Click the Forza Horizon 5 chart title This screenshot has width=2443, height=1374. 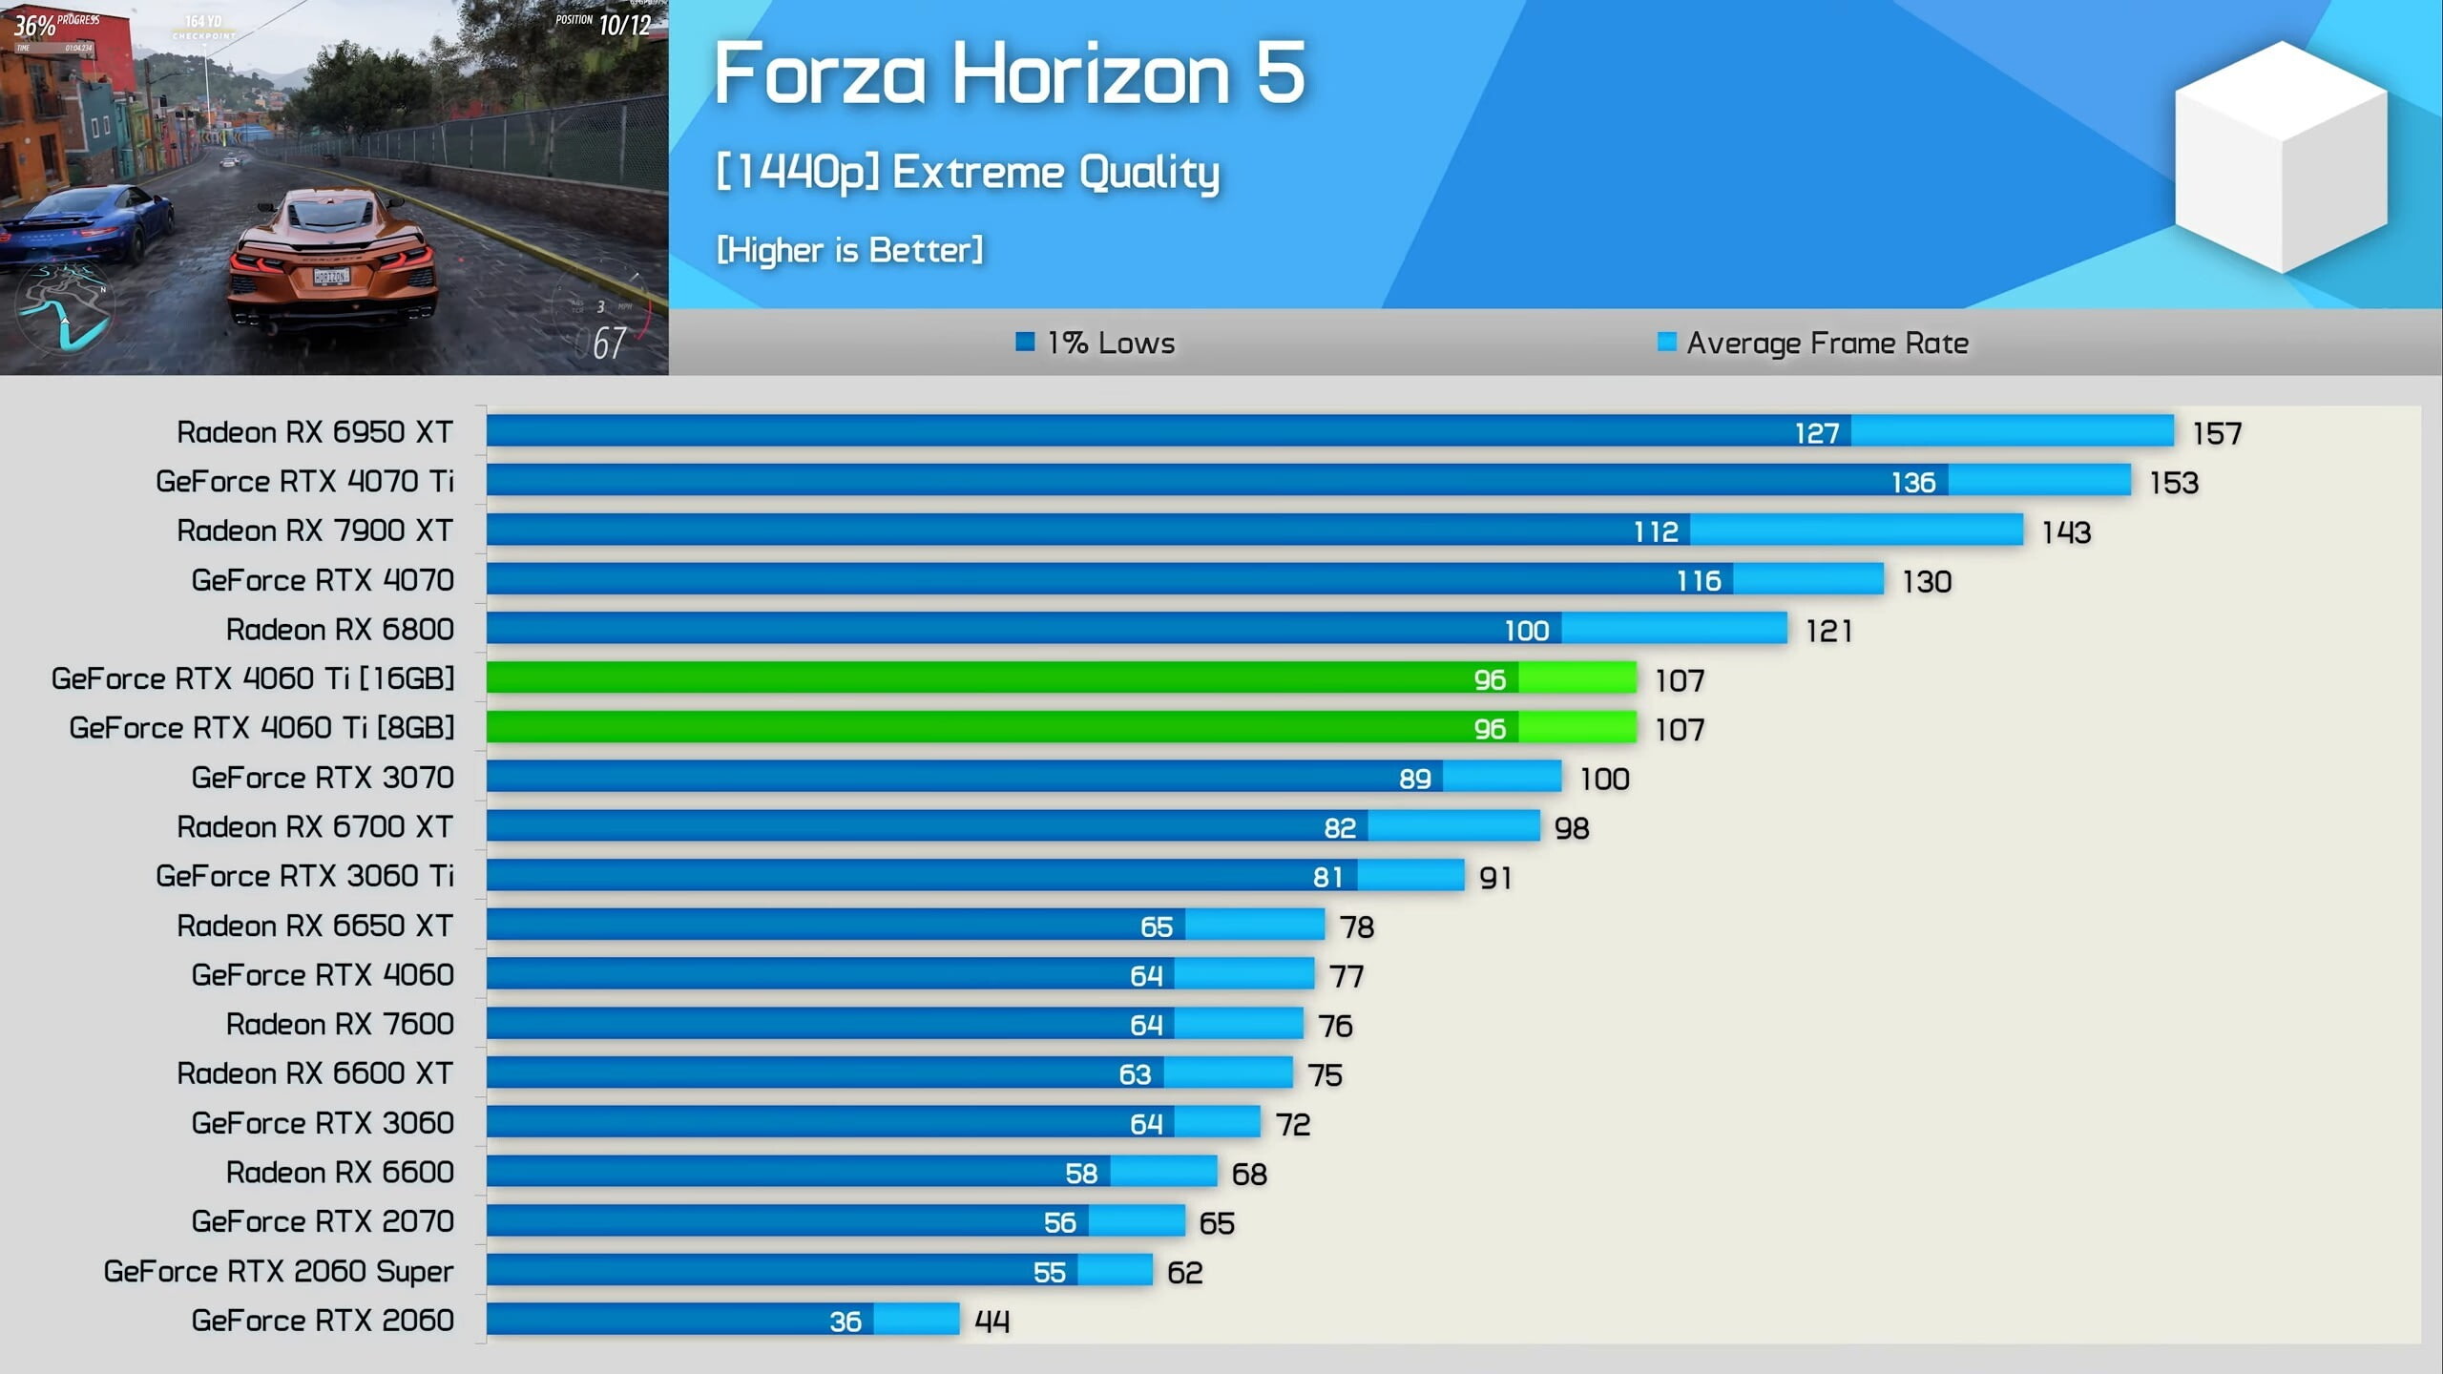coord(1009,74)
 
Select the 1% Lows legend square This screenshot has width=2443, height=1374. coord(1025,342)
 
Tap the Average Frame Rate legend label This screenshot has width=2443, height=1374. coord(1827,343)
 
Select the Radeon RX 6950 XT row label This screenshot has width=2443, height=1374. coord(315,432)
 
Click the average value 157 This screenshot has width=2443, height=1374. coord(2216,434)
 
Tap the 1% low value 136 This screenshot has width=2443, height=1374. coord(1912,482)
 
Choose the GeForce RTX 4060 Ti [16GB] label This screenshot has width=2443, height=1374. coord(253,678)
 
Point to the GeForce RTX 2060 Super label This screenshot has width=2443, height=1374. coord(279,1271)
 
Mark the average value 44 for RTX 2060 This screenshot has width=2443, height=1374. coord(992,1322)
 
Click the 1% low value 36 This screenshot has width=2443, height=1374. coord(845,1322)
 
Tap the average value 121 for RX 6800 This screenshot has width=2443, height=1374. coord(1828,631)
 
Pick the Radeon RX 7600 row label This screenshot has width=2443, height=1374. coord(340,1024)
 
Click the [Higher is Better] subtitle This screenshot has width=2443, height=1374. coord(849,250)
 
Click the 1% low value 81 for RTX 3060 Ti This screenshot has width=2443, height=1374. coord(1327,877)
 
